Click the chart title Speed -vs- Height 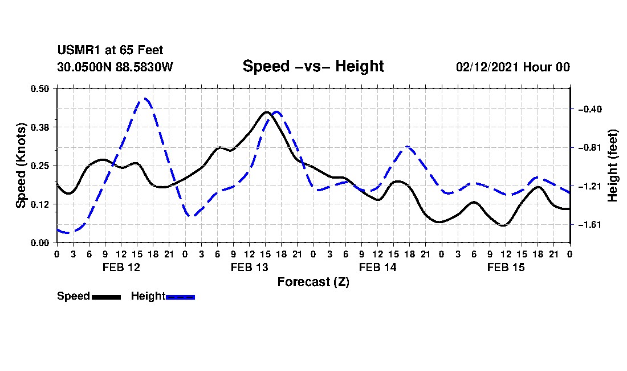point(313,66)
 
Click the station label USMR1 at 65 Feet point(111,50)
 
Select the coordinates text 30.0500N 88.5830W point(115,67)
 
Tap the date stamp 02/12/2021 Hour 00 point(513,67)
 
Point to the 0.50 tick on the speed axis point(39,88)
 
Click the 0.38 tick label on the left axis point(39,127)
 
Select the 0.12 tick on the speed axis point(39,204)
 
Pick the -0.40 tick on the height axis point(590,109)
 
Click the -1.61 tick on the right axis point(590,224)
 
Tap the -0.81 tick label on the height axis point(590,148)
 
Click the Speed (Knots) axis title point(21,166)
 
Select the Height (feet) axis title point(613,166)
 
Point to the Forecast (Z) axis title point(313,282)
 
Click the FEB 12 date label point(121,267)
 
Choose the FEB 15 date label point(506,267)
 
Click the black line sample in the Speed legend point(107,297)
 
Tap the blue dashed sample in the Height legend point(180,297)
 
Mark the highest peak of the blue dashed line point(145,98)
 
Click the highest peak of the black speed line point(266,112)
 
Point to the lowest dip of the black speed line point(503,225)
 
